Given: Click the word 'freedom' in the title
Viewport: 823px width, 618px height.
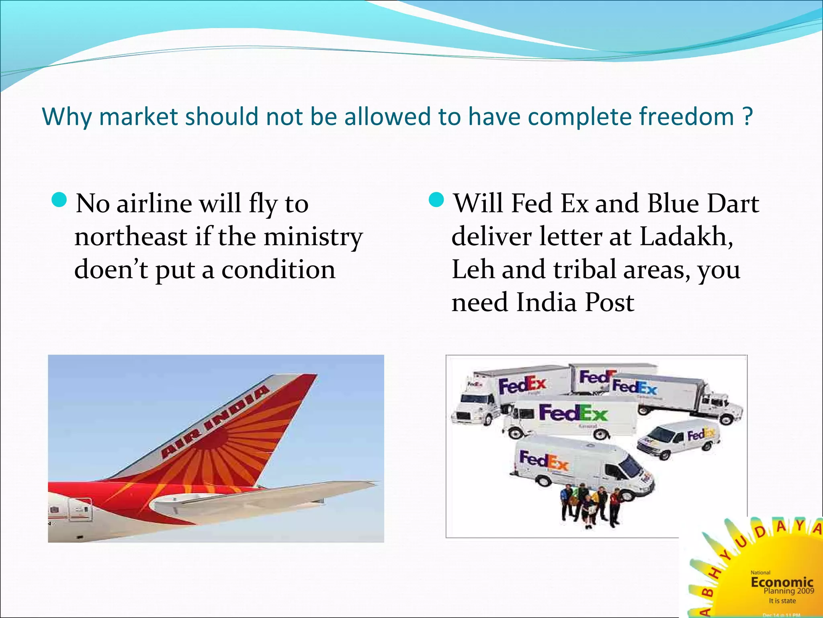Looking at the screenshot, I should click(686, 117).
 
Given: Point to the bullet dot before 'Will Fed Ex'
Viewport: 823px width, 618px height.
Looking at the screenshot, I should click(436, 200).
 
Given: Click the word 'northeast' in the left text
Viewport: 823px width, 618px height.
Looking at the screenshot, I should click(131, 237).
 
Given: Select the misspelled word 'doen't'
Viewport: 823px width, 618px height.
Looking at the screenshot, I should click(111, 270).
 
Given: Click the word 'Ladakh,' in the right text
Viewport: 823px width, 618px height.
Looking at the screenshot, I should click(686, 236).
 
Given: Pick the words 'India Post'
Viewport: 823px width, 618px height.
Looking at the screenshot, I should click(575, 303).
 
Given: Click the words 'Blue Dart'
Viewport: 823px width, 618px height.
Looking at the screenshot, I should click(703, 203).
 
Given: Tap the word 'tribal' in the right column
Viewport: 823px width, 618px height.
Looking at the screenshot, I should click(585, 269).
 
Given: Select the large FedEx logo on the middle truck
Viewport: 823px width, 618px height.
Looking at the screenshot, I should click(573, 413).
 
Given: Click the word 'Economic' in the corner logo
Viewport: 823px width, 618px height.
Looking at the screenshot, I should click(782, 582).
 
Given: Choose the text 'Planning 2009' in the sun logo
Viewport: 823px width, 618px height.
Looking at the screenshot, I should click(788, 591).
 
